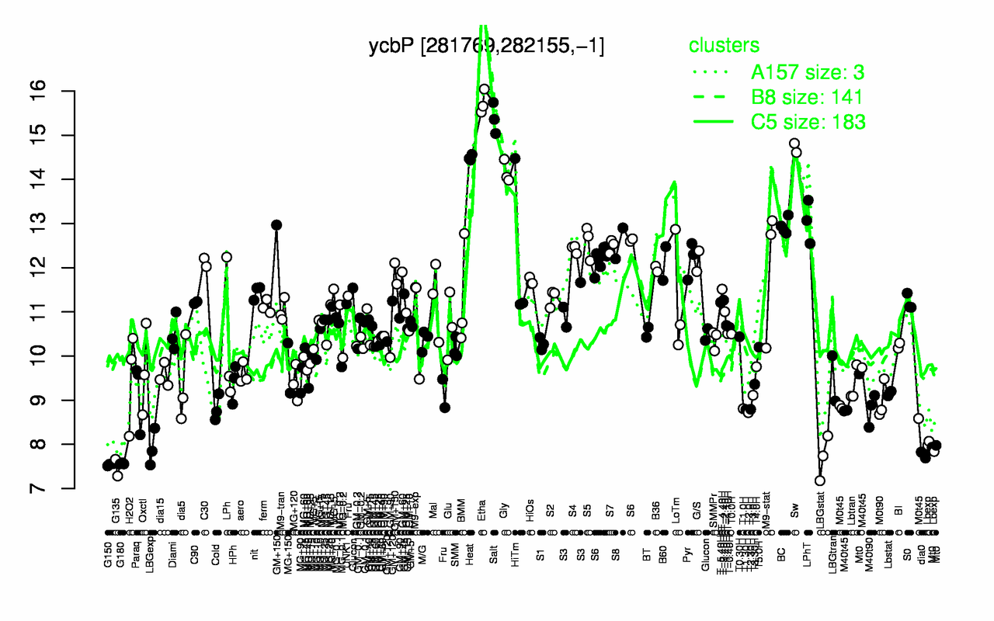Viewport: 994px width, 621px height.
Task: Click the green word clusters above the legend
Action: coord(725,45)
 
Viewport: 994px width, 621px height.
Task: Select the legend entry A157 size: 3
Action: coord(808,72)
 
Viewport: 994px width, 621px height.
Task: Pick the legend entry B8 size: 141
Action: coord(808,97)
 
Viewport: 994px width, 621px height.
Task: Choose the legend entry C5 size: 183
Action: coord(808,122)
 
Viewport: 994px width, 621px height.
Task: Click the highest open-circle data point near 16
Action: coord(484,89)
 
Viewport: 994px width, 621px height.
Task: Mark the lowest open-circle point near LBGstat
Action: coord(819,480)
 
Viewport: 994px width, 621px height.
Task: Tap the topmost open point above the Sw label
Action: coord(794,144)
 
